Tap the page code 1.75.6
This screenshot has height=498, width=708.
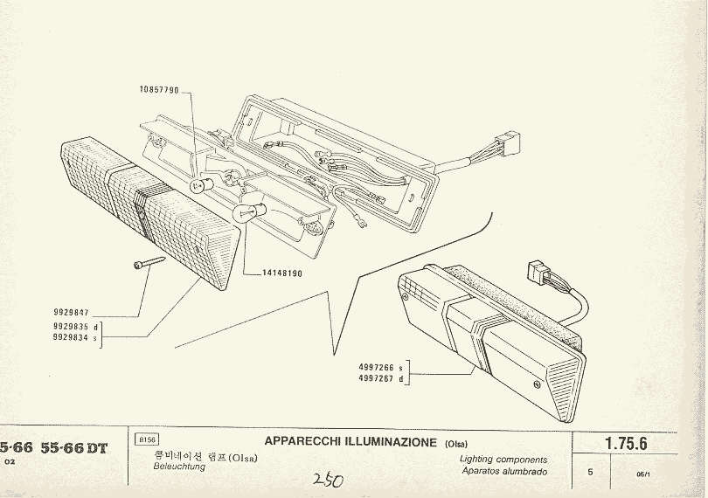point(626,444)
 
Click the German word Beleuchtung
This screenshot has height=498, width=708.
point(179,467)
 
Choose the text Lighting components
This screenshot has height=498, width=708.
point(503,459)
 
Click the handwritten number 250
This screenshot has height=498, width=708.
point(327,481)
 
